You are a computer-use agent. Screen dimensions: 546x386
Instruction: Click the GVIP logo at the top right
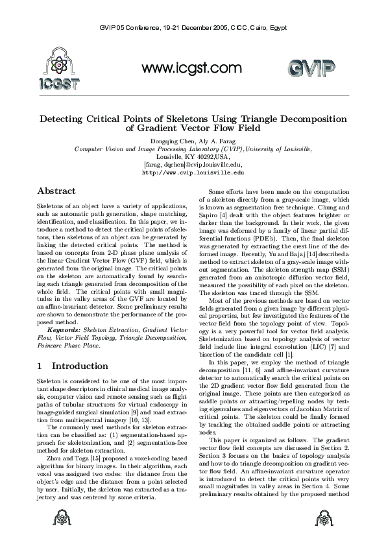click(311, 69)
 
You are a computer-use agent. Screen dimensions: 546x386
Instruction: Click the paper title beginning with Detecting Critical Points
click(193, 123)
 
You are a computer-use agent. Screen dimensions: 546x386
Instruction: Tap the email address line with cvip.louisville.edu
click(193, 165)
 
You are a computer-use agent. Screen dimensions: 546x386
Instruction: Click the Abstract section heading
click(56, 191)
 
